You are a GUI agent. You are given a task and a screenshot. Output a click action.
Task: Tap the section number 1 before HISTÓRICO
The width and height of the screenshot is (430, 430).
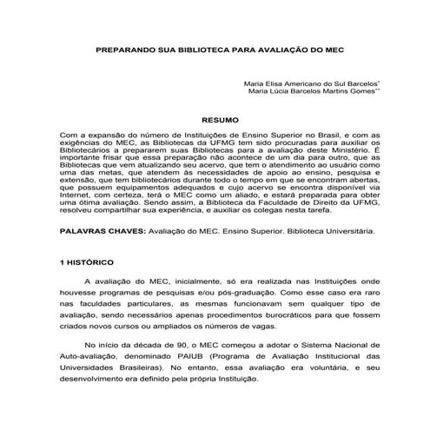(x=62, y=261)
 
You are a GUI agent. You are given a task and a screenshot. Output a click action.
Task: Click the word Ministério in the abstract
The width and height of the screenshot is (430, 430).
(x=346, y=149)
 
